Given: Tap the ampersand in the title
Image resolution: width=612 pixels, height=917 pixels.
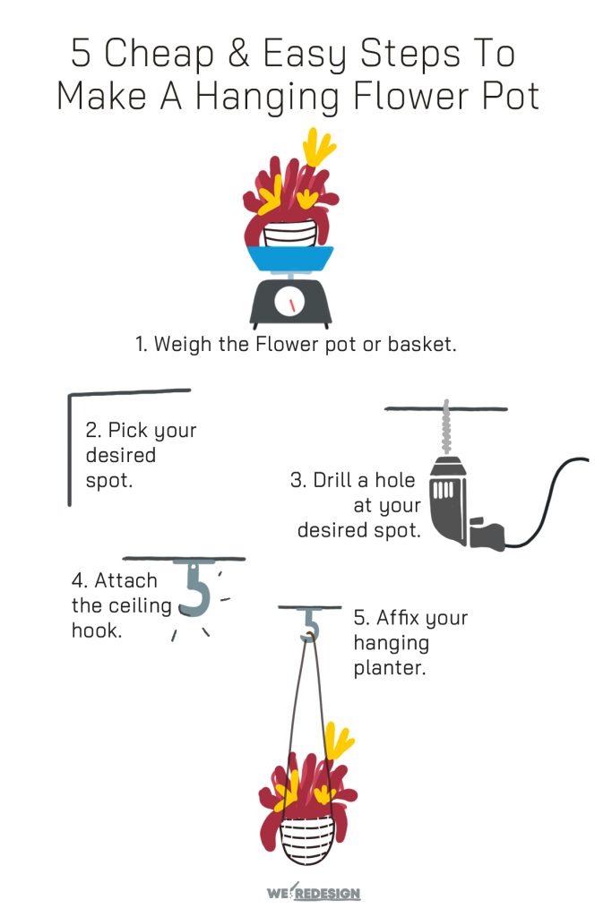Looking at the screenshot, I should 236,54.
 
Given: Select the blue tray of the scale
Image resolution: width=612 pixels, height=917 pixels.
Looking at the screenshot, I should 289,260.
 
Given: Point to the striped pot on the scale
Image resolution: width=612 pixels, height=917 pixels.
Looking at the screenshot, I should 289,235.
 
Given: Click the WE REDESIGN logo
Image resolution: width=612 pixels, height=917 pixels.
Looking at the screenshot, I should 314,893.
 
